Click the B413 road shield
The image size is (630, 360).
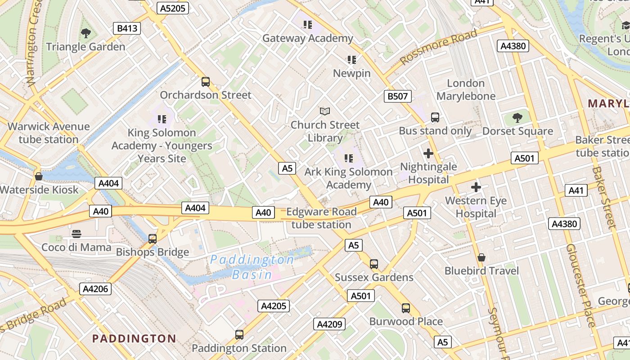tap(126, 29)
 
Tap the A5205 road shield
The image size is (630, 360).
tap(173, 8)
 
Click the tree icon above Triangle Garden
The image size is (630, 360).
tap(85, 33)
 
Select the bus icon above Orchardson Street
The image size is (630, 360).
tap(206, 82)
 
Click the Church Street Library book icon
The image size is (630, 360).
tap(325, 111)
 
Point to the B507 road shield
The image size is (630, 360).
tap(398, 96)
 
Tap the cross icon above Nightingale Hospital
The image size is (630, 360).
tap(428, 153)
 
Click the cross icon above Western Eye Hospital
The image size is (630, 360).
tap(476, 187)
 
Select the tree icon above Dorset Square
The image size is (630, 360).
tap(517, 118)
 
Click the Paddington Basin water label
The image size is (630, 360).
tap(252, 267)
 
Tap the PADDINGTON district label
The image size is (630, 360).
tap(134, 338)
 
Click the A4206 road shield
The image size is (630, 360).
tap(95, 288)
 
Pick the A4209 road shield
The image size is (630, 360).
tap(330, 324)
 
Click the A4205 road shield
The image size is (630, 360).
tap(274, 306)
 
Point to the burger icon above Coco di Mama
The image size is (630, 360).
tap(76, 234)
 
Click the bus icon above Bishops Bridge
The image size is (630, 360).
tap(153, 239)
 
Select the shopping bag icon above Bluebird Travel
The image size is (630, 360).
tap(481, 257)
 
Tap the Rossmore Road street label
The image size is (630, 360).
tap(438, 47)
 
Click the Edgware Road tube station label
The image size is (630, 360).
tap(321, 218)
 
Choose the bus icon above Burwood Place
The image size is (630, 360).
tap(406, 308)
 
